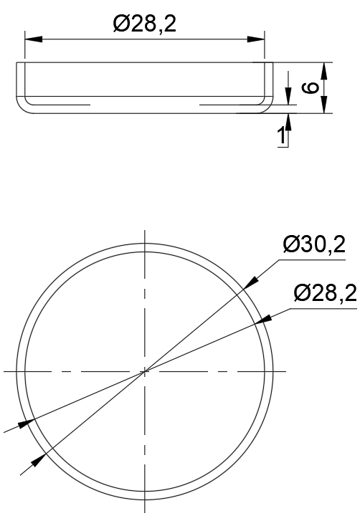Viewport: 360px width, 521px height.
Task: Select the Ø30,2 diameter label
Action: pyautogui.click(x=314, y=246)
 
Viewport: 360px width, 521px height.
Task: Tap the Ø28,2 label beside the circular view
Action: pyautogui.click(x=325, y=293)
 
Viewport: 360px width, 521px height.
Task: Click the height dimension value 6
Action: pyautogui.click(x=311, y=87)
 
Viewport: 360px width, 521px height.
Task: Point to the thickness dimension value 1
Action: pyautogui.click(x=282, y=135)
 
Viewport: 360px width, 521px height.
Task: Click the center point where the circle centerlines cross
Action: pyautogui.click(x=145, y=371)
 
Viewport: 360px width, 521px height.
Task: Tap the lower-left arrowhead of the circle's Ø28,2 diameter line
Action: pyautogui.click(x=27, y=423)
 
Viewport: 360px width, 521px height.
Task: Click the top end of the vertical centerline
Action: pyautogui.click(x=145, y=231)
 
